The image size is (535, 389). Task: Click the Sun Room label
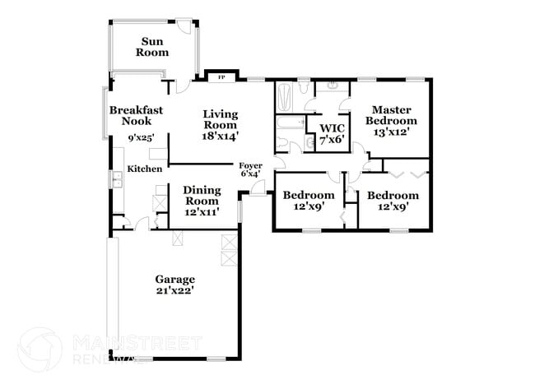(x=154, y=47)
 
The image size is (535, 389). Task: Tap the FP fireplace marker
(x=221, y=78)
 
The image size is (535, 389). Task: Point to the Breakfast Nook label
(x=137, y=115)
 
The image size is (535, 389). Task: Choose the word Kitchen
(x=144, y=169)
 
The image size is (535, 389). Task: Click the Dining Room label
(x=202, y=195)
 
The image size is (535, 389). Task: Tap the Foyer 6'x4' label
(x=251, y=169)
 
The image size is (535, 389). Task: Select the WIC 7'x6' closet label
(x=332, y=134)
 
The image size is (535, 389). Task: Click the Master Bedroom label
(x=390, y=115)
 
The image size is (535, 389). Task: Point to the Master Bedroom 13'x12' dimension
(x=391, y=132)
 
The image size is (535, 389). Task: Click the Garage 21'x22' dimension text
(x=174, y=289)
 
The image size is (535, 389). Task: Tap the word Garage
(x=174, y=277)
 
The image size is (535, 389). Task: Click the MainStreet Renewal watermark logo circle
(x=39, y=348)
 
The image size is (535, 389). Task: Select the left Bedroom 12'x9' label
(x=309, y=201)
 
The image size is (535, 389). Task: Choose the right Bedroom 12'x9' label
(x=393, y=201)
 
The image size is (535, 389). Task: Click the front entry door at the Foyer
(x=258, y=191)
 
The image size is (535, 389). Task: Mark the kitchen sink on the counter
(x=116, y=178)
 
